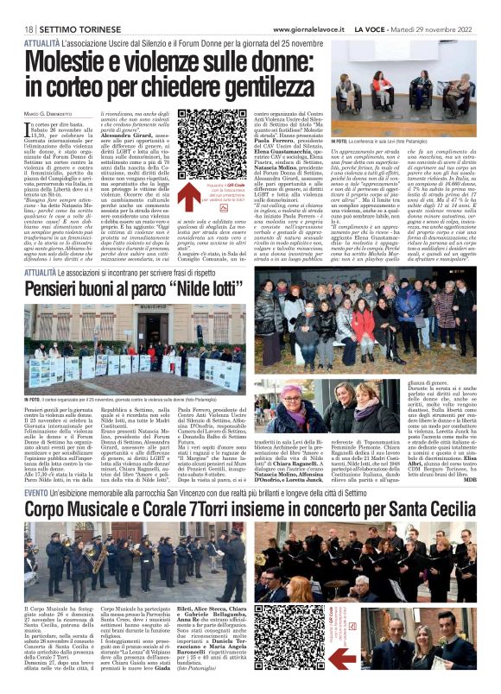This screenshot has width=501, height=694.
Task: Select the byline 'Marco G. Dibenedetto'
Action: (44, 114)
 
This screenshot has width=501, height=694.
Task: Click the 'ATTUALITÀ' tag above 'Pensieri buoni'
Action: (44, 270)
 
